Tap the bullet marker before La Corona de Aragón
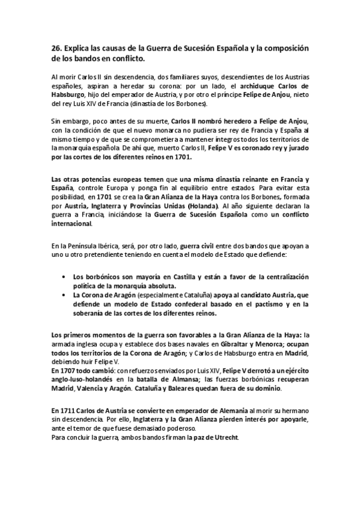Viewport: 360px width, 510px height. [x=65, y=295]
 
